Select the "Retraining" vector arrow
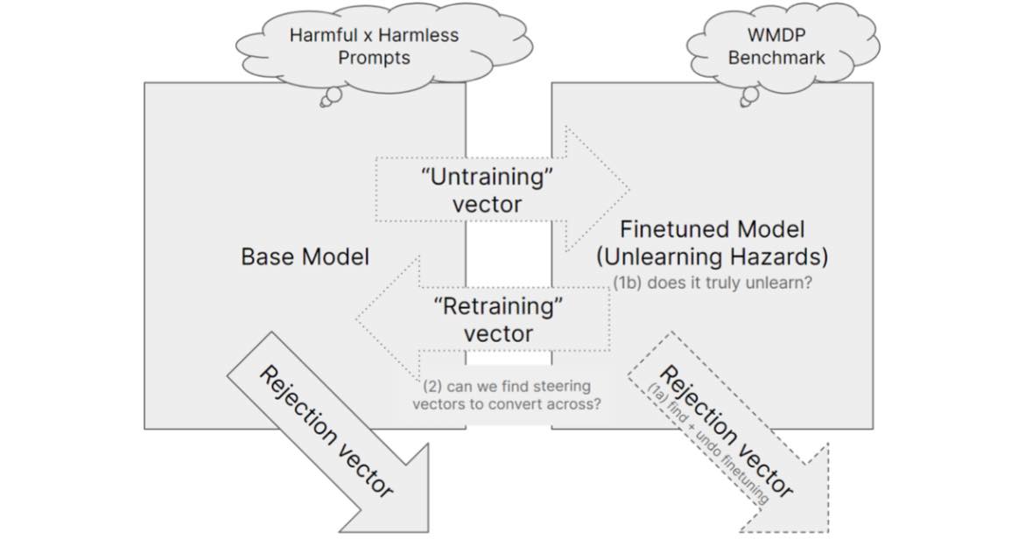pos(490,319)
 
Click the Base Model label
pos(305,256)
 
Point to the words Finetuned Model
pos(712,230)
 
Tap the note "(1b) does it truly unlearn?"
pos(720,283)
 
